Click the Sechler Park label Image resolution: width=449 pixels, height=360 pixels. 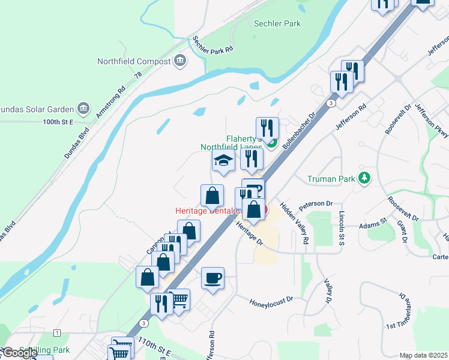(277, 23)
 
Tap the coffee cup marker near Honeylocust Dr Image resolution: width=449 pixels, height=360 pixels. (212, 278)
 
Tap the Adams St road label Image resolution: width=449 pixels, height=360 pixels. (372, 225)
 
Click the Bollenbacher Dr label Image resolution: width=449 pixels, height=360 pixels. (299, 131)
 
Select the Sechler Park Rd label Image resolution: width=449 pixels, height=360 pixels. (212, 46)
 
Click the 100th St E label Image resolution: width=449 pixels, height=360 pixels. (58, 122)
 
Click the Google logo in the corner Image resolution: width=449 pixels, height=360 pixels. (20, 353)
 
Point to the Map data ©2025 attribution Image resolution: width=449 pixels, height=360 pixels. (424, 355)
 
